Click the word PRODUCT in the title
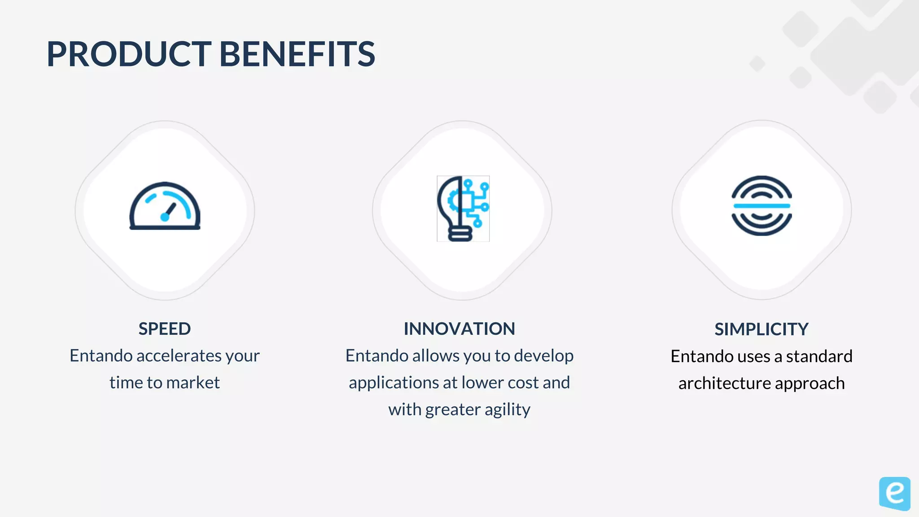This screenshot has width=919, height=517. tap(129, 54)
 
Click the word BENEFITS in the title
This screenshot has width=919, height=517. tap(297, 54)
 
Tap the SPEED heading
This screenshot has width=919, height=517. tap(165, 329)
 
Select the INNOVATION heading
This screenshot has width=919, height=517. tap(459, 329)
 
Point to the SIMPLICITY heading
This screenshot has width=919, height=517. tap(761, 329)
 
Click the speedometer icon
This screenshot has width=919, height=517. tap(165, 206)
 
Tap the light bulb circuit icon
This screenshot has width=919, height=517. tap(463, 209)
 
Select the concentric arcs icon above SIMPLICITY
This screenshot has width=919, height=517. tap(761, 206)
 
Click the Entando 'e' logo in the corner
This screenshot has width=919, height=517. tap(894, 493)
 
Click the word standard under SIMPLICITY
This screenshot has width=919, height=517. tap(819, 356)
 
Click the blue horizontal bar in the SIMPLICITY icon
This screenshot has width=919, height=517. tap(761, 206)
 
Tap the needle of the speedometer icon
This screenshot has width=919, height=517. tap(170, 210)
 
